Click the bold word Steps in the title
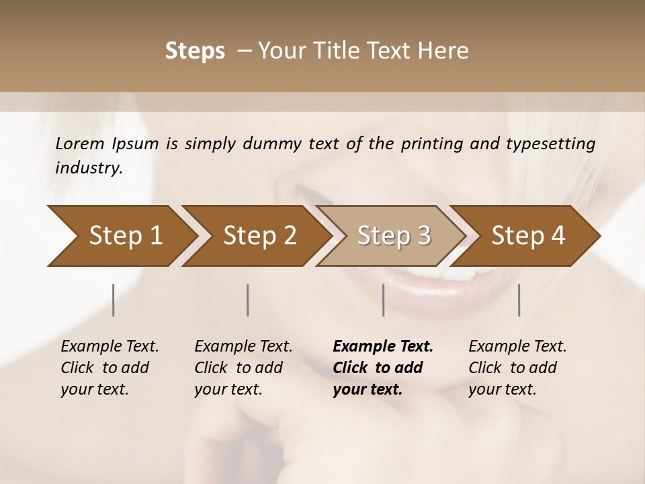click(x=194, y=51)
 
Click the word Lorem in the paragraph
click(x=79, y=143)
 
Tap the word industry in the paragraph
click(x=88, y=167)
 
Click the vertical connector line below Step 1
click(x=113, y=300)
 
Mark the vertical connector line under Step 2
click(x=248, y=300)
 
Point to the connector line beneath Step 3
click(x=384, y=300)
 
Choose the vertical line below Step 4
click(x=519, y=300)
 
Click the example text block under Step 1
click(x=110, y=368)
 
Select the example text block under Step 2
click(x=243, y=368)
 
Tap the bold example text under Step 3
click(x=382, y=368)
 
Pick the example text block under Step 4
click(x=517, y=368)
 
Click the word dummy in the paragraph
click(x=274, y=143)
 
